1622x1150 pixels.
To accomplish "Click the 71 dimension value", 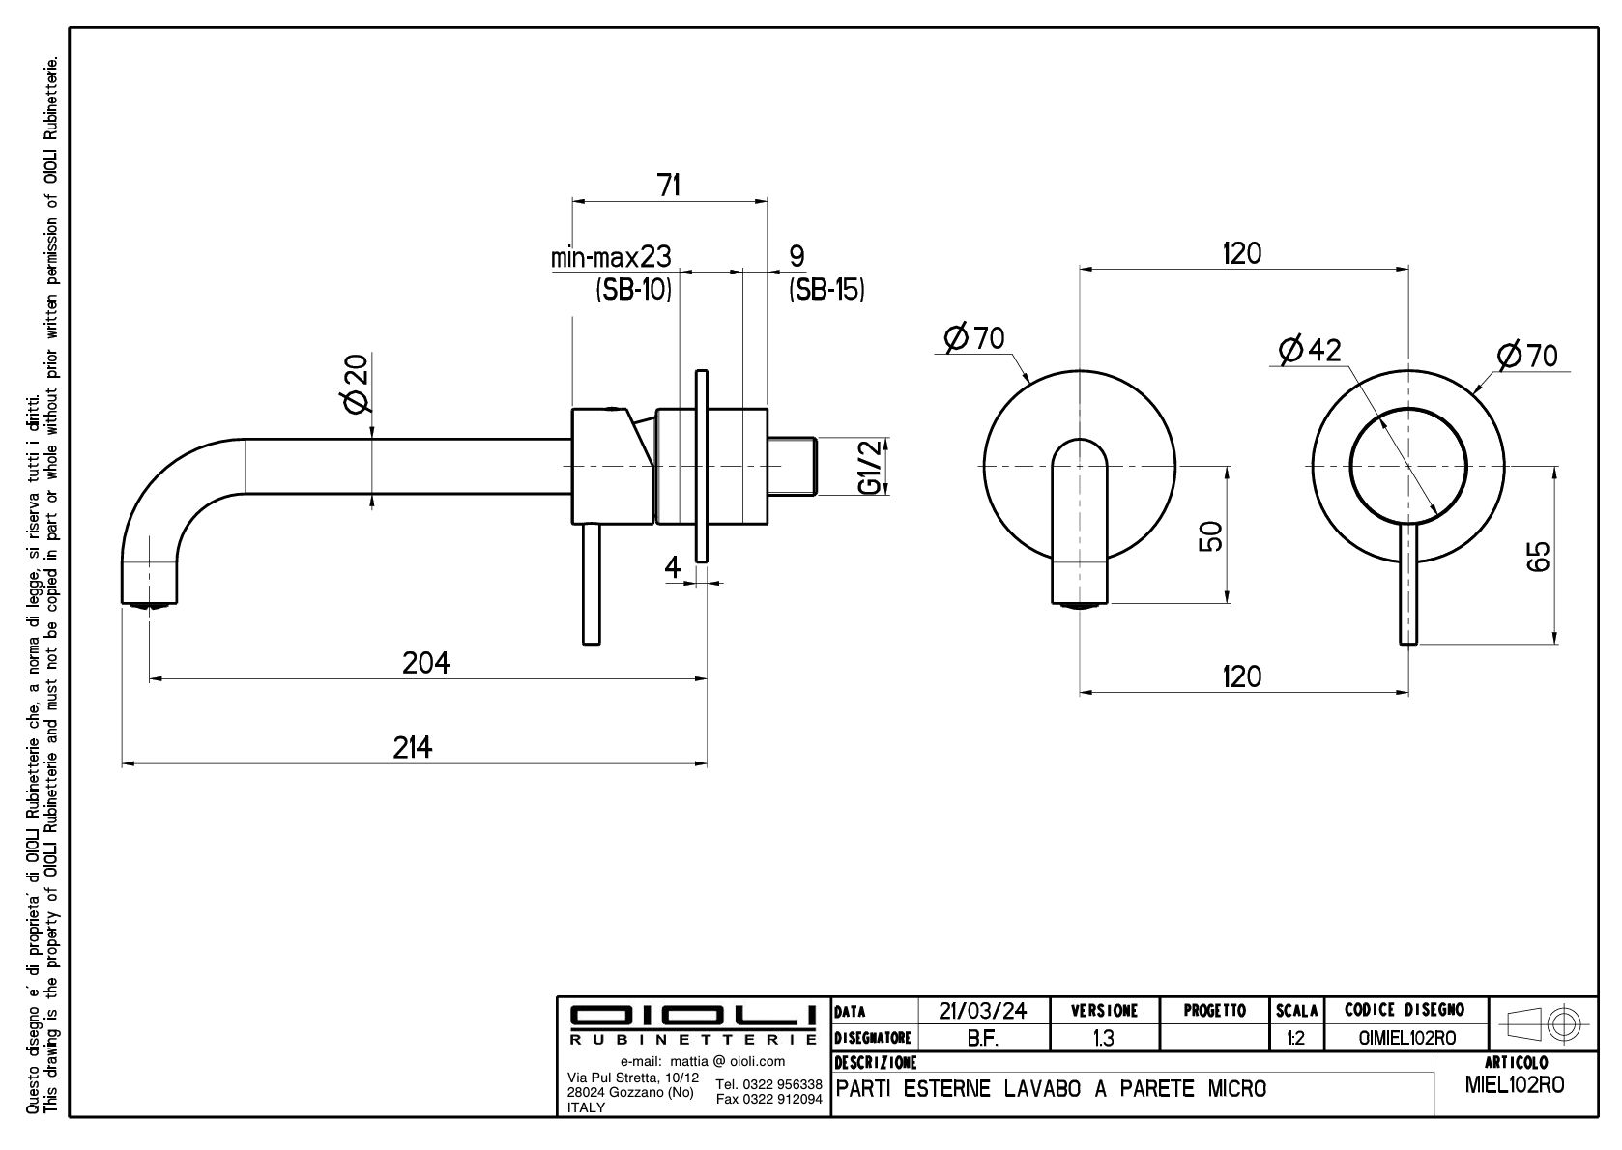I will point(669,185).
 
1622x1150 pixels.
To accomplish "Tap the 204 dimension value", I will point(426,663).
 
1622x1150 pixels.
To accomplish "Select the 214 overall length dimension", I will point(413,747).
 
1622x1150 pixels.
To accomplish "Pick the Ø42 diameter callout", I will point(1310,350).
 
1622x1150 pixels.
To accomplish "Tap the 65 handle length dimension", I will point(1540,556).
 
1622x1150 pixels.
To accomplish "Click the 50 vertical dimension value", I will point(1211,535).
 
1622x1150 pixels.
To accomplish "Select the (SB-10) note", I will point(633,289).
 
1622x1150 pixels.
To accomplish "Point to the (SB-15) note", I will point(826,289).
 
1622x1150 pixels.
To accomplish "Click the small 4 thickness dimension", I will point(673,567).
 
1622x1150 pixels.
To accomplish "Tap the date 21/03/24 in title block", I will point(981,1011).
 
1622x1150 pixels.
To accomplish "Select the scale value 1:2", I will point(1296,1038).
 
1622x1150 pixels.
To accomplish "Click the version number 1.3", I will point(1102,1038).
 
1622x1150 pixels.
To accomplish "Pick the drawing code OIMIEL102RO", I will point(1406,1038).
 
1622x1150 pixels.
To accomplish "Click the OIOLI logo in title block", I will point(692,1016).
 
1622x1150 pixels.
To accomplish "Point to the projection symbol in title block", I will point(1543,1022).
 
